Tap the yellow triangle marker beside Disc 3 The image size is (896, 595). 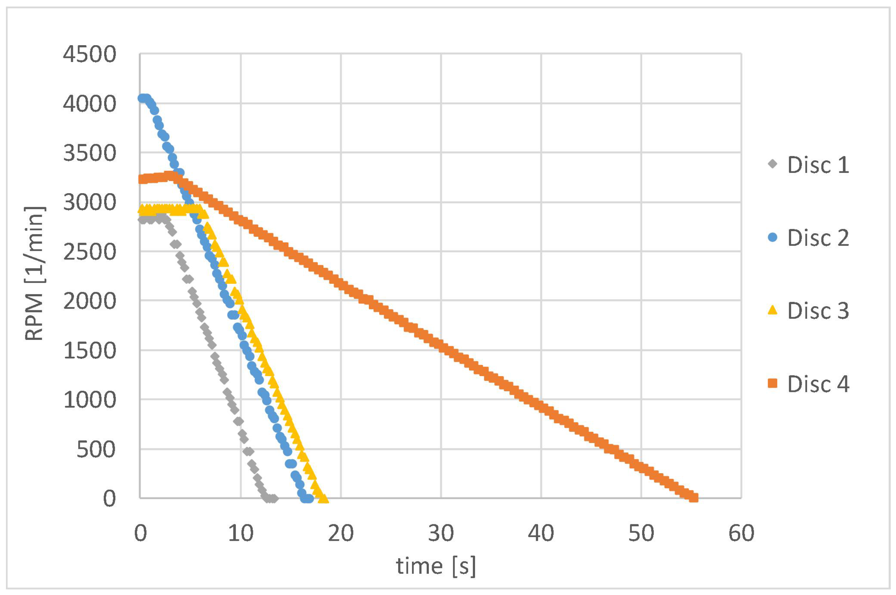coord(772,310)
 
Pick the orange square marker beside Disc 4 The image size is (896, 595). coord(772,384)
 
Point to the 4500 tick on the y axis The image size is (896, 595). coord(89,54)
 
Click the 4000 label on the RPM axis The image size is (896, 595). coord(89,104)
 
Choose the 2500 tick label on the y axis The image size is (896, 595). coord(89,252)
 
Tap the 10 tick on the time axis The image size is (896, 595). coord(240,533)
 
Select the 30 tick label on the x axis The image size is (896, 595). coord(441,533)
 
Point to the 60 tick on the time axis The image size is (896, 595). coord(741,533)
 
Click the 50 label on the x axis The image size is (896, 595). coord(641,533)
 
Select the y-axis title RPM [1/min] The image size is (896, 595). coord(35,273)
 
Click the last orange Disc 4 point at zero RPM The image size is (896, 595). coord(694,497)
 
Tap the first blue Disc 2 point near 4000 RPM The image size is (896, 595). coord(142,98)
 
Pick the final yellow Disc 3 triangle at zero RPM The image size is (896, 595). coord(323,497)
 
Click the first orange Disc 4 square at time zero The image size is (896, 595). coord(142,179)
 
